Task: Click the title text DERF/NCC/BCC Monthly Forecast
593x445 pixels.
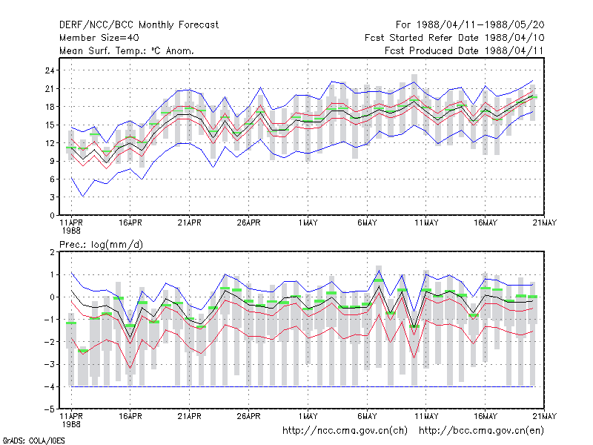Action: [x=139, y=25]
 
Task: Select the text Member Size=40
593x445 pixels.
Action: [x=99, y=38]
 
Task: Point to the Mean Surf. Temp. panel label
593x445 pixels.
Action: [x=127, y=50]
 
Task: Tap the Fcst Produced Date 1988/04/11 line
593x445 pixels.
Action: [x=464, y=50]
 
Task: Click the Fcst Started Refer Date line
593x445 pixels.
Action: [x=454, y=38]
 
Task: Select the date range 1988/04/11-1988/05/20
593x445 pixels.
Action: [x=480, y=25]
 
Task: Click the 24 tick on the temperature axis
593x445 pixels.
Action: [x=50, y=70]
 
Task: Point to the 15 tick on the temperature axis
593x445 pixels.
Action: [x=50, y=125]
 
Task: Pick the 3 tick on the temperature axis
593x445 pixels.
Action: [x=52, y=197]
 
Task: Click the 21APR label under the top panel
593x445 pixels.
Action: [x=190, y=223]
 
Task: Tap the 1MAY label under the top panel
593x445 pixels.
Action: [x=308, y=223]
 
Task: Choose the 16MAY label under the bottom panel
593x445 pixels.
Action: [x=486, y=416]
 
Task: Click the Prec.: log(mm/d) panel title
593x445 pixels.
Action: [x=101, y=245]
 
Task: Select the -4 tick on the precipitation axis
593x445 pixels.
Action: [x=49, y=386]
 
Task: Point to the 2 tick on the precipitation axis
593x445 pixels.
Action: [x=52, y=252]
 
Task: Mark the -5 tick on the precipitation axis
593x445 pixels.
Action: [x=49, y=409]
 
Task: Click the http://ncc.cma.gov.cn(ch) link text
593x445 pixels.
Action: [x=345, y=431]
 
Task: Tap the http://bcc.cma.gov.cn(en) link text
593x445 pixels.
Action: [x=481, y=431]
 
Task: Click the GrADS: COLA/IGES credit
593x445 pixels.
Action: [x=33, y=441]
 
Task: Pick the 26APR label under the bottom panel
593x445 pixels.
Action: [x=249, y=416]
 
